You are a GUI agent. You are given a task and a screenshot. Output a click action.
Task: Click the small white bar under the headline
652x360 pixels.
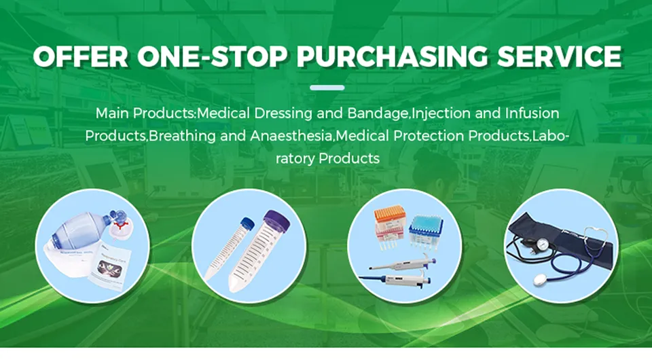pyautogui.click(x=327, y=88)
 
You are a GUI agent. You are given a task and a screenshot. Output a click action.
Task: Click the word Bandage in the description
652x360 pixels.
pyautogui.click(x=384, y=113)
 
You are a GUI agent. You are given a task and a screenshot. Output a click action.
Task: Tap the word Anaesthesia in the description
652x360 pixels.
pyautogui.click(x=292, y=135)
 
